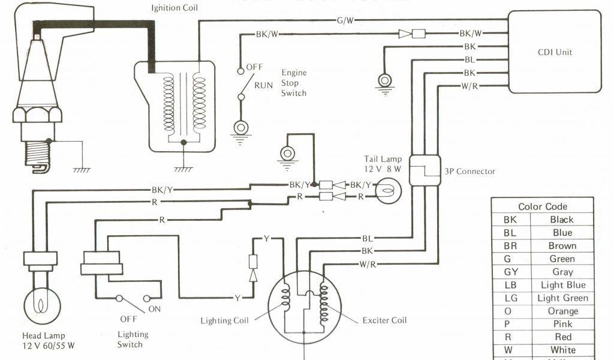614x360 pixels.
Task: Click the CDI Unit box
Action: coord(555,52)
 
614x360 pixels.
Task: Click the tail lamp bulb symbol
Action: coord(386,191)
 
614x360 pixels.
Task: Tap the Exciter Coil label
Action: coord(384,320)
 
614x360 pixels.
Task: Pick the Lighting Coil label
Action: coord(224,320)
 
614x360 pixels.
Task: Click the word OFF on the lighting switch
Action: coord(128,319)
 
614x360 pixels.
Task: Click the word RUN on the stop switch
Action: coord(263,85)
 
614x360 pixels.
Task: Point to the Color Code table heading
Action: coord(543,206)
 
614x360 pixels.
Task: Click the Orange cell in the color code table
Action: coord(562,311)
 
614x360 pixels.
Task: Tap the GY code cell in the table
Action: coord(510,272)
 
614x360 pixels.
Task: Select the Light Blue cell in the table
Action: coord(562,285)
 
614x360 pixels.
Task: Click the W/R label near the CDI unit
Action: coord(469,85)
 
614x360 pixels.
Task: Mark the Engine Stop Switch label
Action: coord(294,83)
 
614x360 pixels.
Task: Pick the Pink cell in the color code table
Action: coord(562,324)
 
